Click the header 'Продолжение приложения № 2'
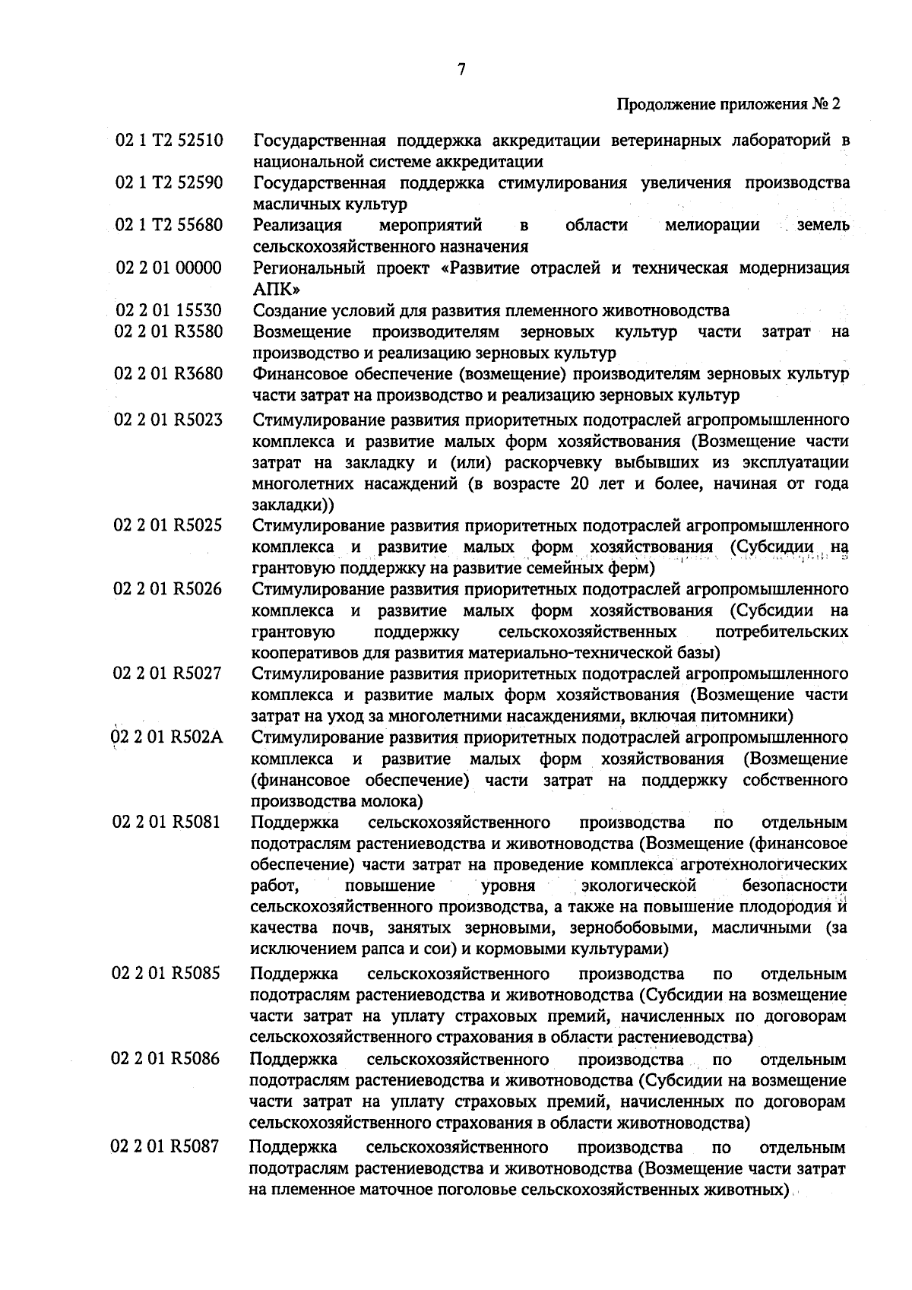727,105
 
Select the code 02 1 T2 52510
169,141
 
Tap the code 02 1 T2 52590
169,183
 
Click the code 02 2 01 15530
169,310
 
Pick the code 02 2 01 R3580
169,331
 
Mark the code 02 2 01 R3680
169,374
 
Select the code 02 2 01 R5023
169,420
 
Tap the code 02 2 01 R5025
169,526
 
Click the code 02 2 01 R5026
169,589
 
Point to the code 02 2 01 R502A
169,737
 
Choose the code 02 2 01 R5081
169,822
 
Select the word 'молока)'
394,801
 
